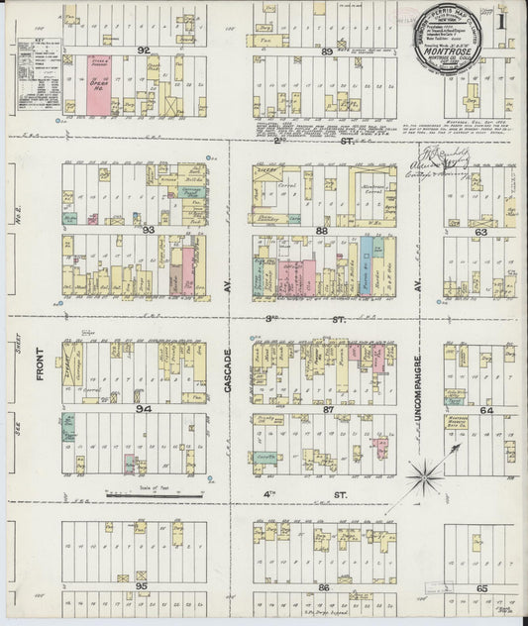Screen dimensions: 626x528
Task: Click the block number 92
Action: point(143,49)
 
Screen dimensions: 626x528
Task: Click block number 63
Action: point(480,231)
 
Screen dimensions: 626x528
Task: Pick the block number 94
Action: point(145,408)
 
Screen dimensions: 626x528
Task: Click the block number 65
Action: point(481,587)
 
